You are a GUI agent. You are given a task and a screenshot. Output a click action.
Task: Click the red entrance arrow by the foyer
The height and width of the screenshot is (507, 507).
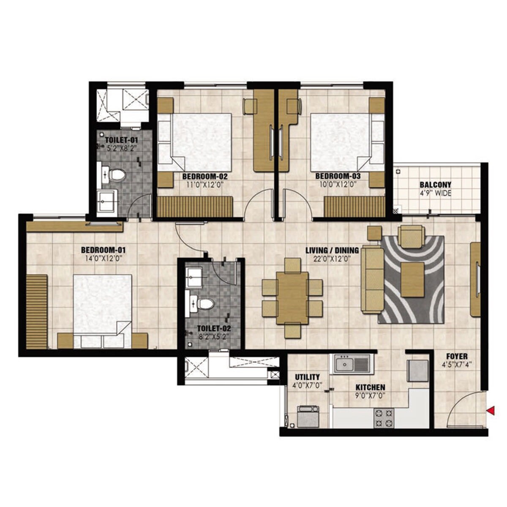pyautogui.click(x=491, y=410)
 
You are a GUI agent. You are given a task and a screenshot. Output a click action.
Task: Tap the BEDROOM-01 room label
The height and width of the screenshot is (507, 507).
pyautogui.click(x=104, y=249)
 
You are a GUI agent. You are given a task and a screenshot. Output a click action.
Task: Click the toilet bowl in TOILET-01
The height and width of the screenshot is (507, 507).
pyautogui.click(x=117, y=174)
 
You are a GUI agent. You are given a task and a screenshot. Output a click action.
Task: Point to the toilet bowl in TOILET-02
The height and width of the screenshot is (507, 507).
pyautogui.click(x=206, y=303)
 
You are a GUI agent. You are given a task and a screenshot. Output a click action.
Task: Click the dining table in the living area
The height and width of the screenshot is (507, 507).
pyautogui.click(x=292, y=298)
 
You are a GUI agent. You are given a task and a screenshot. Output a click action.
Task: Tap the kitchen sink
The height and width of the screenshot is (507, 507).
pyautogui.click(x=352, y=364)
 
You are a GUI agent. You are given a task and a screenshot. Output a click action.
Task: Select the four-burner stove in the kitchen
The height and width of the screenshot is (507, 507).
pyautogui.click(x=384, y=418)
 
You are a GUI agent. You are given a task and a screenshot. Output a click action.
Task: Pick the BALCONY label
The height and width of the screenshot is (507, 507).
pyautogui.click(x=435, y=185)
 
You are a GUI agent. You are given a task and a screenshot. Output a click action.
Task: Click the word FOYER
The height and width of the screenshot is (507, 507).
pyautogui.click(x=456, y=357)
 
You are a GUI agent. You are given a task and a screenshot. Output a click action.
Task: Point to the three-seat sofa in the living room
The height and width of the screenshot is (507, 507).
pyautogui.click(x=373, y=280)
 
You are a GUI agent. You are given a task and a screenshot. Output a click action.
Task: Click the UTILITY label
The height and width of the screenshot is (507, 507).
pyautogui.click(x=307, y=377)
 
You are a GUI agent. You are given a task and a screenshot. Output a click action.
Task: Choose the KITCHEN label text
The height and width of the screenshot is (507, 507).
pyautogui.click(x=370, y=387)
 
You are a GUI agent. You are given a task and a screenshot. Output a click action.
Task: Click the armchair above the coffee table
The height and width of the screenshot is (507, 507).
pyautogui.click(x=412, y=236)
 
